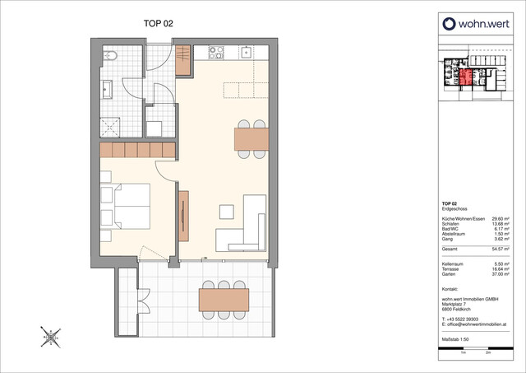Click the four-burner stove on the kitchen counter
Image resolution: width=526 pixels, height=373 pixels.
pos(217,53)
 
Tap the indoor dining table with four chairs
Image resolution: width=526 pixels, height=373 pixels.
pos(251,139)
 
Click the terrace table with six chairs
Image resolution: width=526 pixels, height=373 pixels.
pos(224,295)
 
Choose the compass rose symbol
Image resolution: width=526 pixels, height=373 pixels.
pos(50,335)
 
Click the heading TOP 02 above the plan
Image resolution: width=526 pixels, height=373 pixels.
pos(159,26)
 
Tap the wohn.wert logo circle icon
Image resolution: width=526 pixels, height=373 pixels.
pos(448,24)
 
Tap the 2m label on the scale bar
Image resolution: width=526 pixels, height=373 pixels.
pos(488,361)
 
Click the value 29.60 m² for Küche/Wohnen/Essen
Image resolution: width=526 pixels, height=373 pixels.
pos(491,218)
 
